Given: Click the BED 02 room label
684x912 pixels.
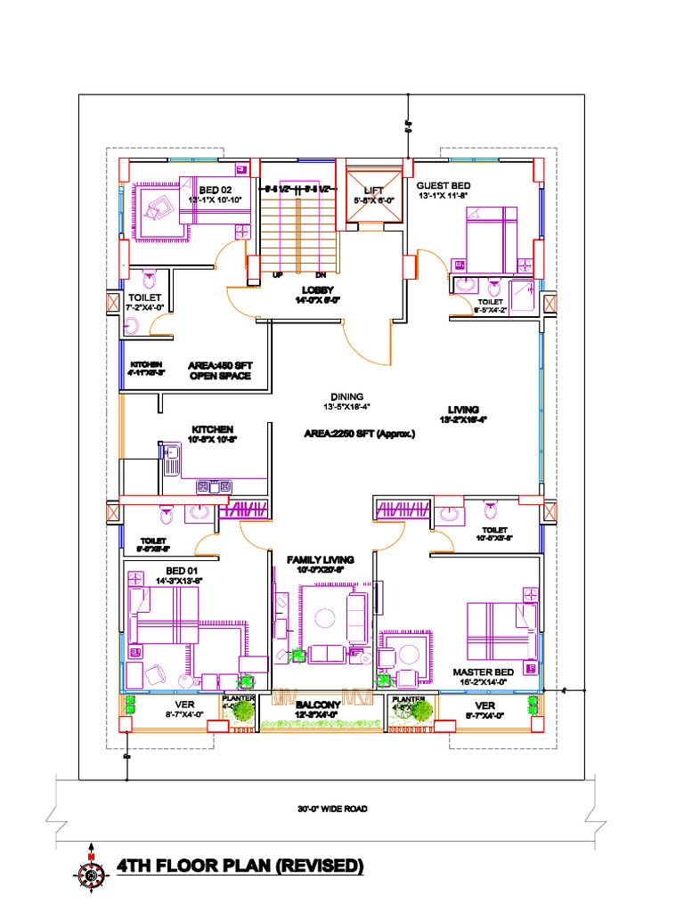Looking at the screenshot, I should pos(215,190).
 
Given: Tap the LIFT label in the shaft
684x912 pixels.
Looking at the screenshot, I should pos(372,190).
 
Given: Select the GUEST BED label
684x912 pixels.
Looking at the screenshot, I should pos(443,185).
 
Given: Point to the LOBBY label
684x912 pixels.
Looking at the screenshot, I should pos(317,290).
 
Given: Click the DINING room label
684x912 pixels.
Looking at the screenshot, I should pos(346,396).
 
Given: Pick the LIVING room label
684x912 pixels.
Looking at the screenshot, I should pos(463,410).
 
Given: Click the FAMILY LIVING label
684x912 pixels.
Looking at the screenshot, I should pos(320,559).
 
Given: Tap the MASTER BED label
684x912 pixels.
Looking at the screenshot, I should pos(483,672).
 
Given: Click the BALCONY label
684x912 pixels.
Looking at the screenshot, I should pos(319,704).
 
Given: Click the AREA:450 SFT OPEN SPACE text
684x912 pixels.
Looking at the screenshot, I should pos(219,370).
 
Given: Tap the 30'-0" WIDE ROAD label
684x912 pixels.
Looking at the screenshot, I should pos(332,810).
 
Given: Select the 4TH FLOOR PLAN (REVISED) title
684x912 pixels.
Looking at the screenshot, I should pos(240,866).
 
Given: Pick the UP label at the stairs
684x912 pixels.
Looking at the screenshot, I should pos(278,275).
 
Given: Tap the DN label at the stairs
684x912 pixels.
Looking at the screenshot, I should pos(321,275).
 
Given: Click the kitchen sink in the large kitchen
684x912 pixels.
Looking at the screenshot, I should pos(171,459).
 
